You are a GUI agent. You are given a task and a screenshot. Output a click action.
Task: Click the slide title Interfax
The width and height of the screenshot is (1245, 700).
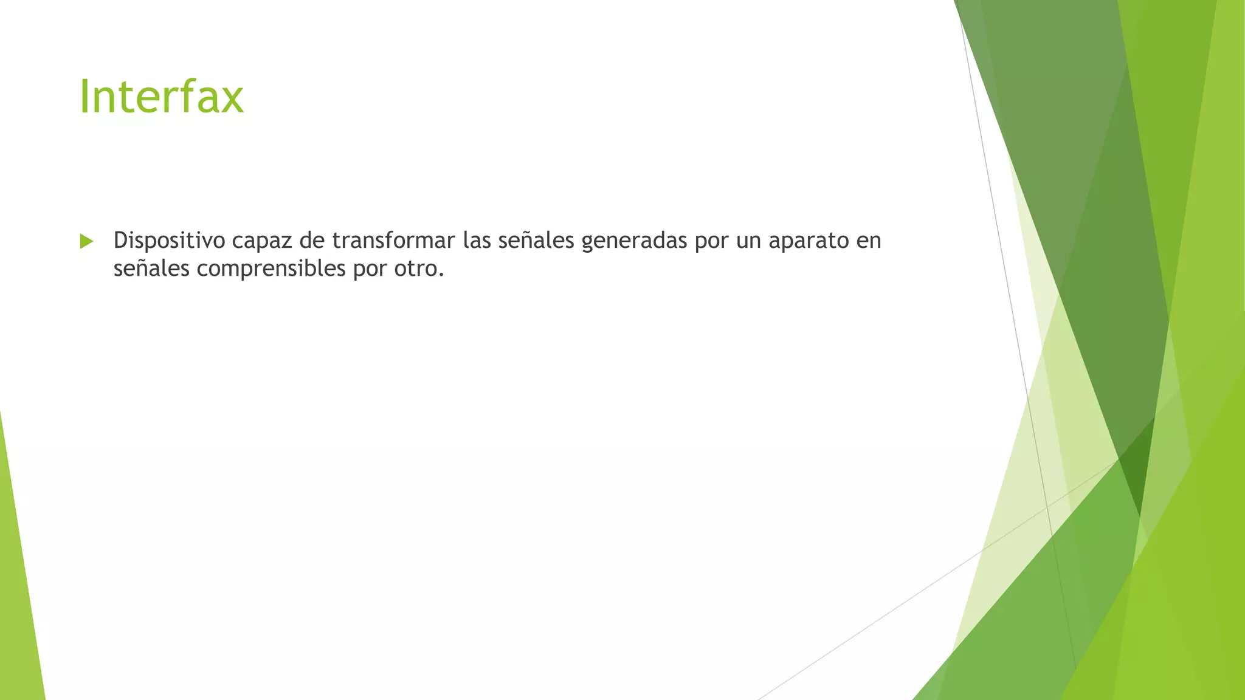pyautogui.click(x=161, y=97)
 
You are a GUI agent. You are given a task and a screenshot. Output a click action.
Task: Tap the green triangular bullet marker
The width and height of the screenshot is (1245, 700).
pyautogui.click(x=86, y=241)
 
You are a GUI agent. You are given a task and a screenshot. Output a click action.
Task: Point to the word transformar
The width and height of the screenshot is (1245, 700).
pyautogui.click(x=393, y=241)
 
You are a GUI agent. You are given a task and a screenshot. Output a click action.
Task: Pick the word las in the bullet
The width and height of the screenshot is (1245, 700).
pyautogui.click(x=477, y=241)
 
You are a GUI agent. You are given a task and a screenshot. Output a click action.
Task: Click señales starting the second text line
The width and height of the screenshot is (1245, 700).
pyautogui.click(x=151, y=269)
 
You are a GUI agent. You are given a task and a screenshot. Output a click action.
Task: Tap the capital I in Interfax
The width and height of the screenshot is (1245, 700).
pyautogui.click(x=84, y=97)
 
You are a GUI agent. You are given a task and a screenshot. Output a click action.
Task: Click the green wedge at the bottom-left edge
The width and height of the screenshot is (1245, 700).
pyautogui.click(x=18, y=608)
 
